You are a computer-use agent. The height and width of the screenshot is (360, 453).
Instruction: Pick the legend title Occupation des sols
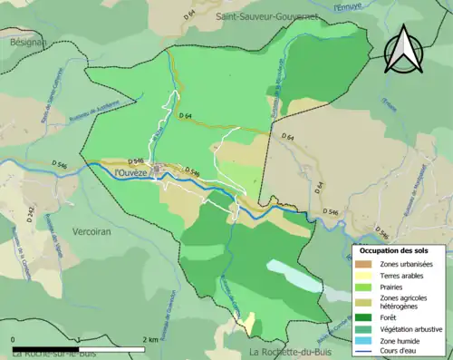point(396,249)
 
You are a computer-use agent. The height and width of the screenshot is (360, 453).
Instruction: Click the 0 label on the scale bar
point(14,339)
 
